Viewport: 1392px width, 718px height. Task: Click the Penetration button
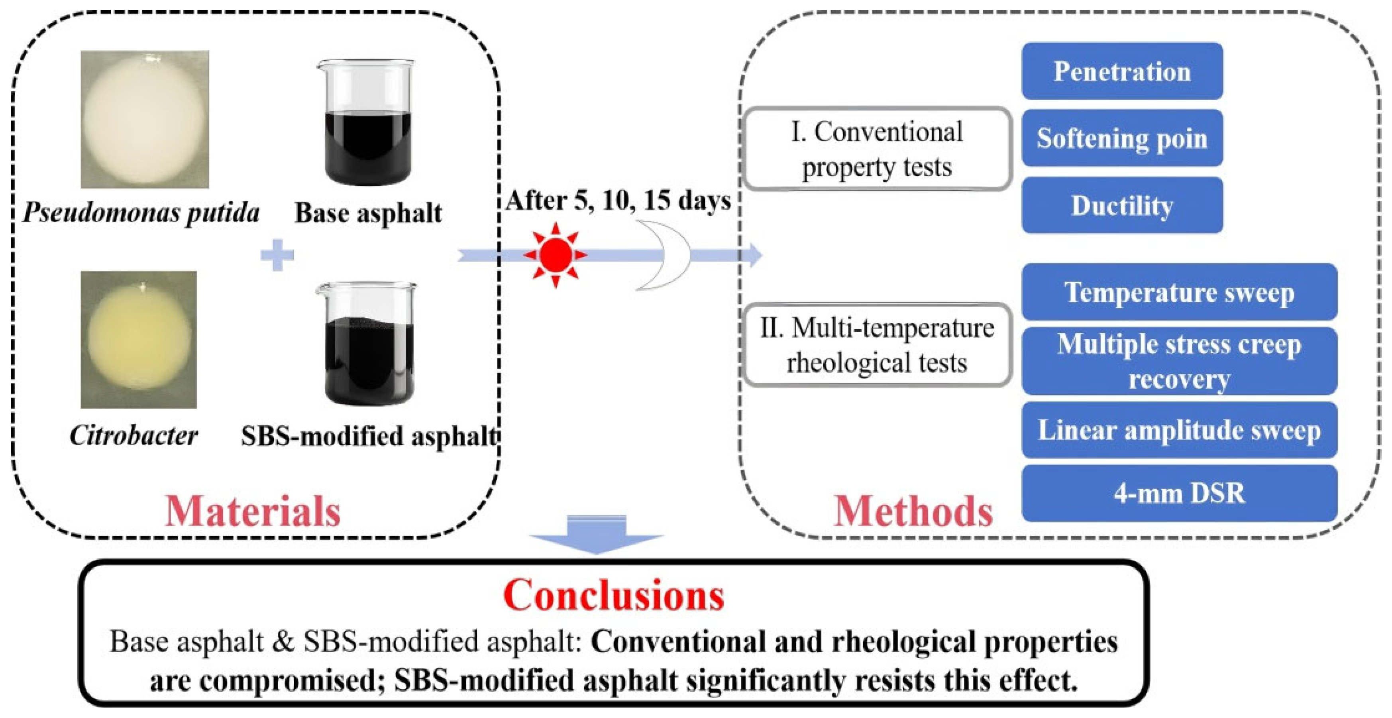tap(1122, 71)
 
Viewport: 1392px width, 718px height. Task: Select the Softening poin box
tap(1122, 138)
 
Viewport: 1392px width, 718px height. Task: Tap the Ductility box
tap(1122, 205)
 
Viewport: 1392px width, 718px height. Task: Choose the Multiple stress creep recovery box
tap(1179, 361)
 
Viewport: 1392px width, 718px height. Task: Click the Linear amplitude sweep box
tap(1179, 431)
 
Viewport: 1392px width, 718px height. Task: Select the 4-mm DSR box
tap(1179, 493)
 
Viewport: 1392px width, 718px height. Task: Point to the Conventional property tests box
tap(876, 149)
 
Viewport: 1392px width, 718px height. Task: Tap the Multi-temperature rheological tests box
tap(876, 344)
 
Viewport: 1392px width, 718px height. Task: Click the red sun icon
tap(555, 255)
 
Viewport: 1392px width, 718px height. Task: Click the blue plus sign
tap(277, 255)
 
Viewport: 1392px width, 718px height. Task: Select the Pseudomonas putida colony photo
tap(145, 120)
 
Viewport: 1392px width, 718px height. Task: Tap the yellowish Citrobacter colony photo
tap(138, 340)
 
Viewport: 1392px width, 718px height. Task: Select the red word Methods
tap(913, 511)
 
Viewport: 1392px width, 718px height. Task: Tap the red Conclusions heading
tap(613, 595)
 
